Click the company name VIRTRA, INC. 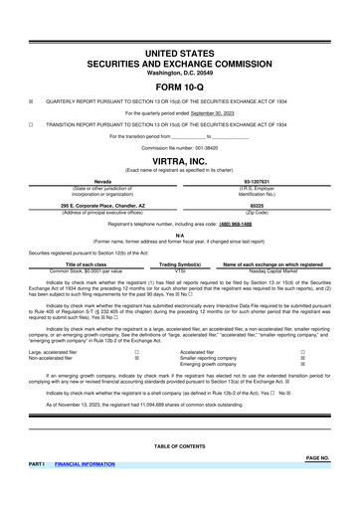180,159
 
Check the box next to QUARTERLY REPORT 32,101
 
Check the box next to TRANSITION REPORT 32,125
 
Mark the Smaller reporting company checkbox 302,359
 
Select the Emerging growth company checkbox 302,366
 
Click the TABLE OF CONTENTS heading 180,446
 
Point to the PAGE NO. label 317,457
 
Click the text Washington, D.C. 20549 180,73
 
